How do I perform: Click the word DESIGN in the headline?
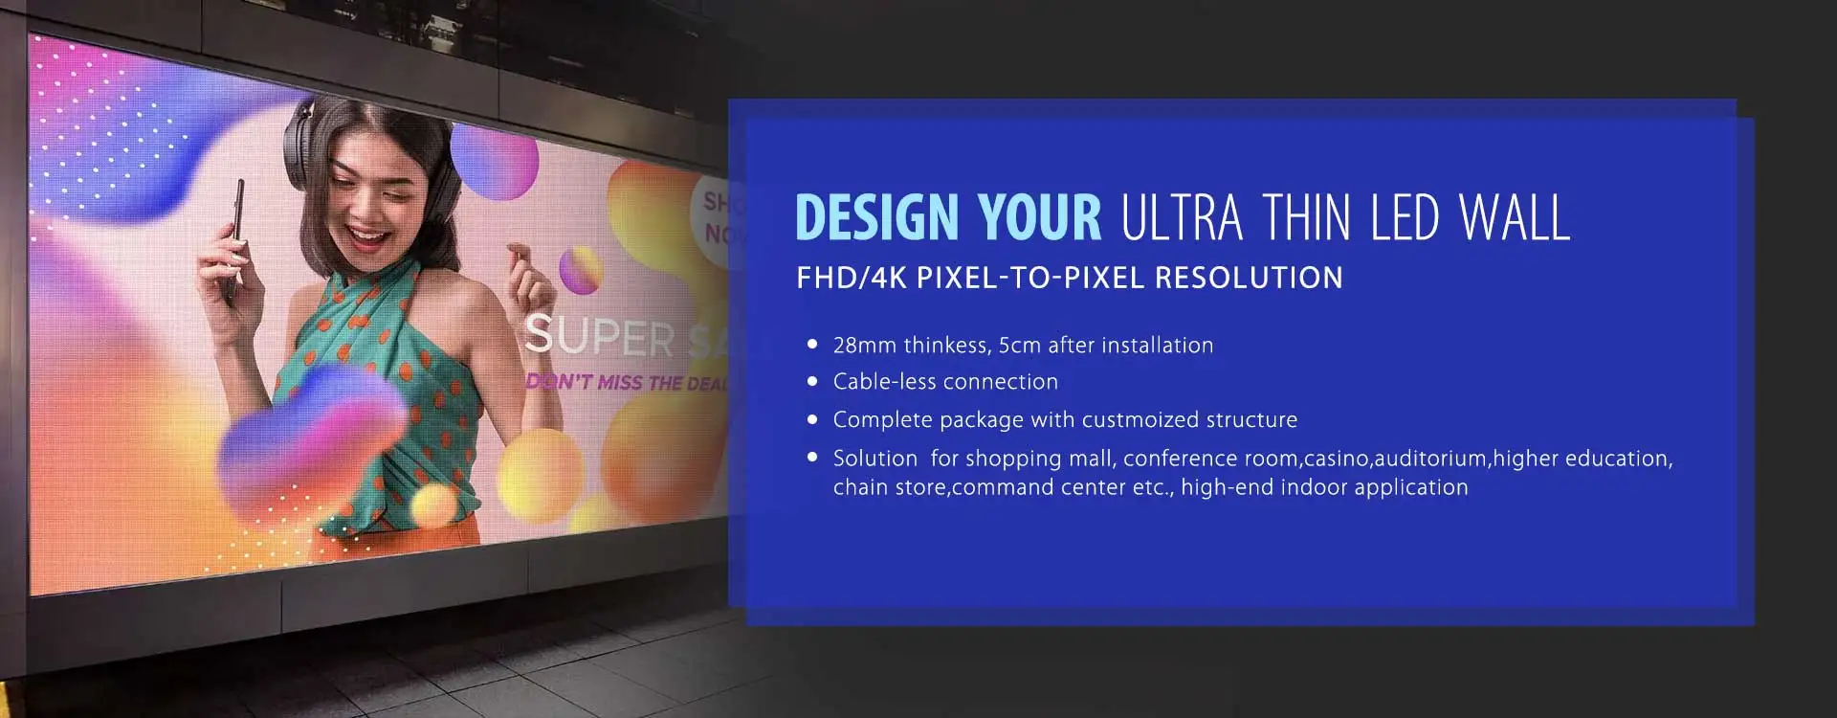[x=876, y=217]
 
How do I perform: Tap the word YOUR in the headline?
[x=1040, y=217]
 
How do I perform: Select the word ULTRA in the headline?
[x=1182, y=217]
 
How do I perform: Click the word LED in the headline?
[x=1405, y=217]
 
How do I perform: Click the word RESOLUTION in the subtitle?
[x=1249, y=278]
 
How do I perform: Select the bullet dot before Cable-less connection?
[x=812, y=381]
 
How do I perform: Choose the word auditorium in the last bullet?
[x=1430, y=459]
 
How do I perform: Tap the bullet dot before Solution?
[x=812, y=458]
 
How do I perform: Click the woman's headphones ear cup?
[x=298, y=144]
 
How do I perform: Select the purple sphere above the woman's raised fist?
[x=579, y=269]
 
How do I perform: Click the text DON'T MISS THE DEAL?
[x=627, y=382]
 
